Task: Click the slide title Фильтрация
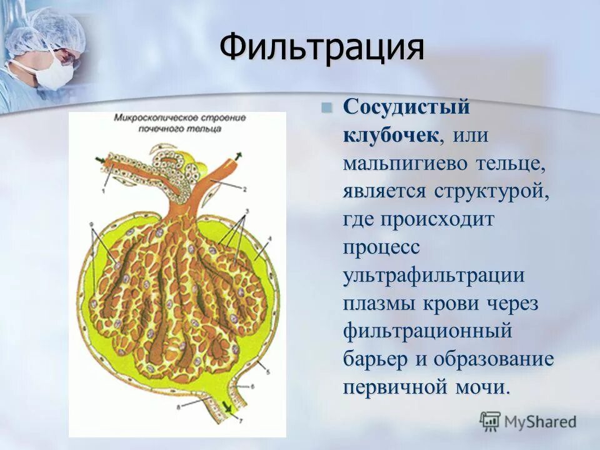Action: (x=322, y=48)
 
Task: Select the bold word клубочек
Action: (x=391, y=134)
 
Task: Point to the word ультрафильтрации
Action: (x=434, y=275)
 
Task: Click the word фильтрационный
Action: (x=428, y=330)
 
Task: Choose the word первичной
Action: (x=387, y=387)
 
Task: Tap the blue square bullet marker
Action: (x=326, y=107)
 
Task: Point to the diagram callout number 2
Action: (x=245, y=189)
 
